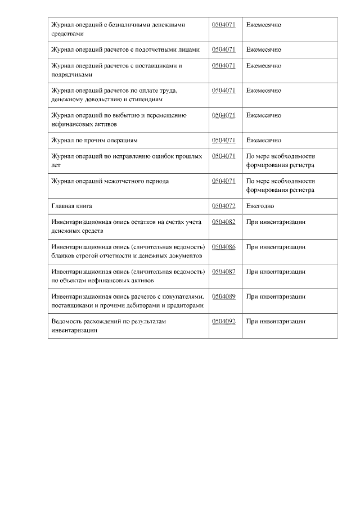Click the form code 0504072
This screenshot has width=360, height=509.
click(223, 206)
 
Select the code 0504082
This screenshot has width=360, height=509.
click(223, 222)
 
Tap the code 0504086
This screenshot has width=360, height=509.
click(223, 247)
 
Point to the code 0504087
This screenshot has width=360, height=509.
click(223, 272)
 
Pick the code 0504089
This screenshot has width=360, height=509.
click(223, 296)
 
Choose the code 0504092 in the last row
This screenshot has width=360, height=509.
click(223, 321)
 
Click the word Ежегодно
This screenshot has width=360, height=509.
click(260, 206)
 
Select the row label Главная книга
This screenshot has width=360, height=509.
click(71, 206)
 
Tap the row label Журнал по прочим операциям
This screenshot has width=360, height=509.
click(94, 140)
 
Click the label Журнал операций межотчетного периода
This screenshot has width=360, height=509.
click(110, 181)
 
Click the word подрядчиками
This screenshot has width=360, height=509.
click(71, 74)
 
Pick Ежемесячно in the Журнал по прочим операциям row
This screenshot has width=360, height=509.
click(263, 140)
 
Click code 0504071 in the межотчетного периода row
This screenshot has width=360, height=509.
click(223, 181)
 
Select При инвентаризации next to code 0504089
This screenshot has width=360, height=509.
click(276, 296)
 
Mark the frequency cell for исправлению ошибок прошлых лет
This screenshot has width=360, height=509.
click(280, 160)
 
